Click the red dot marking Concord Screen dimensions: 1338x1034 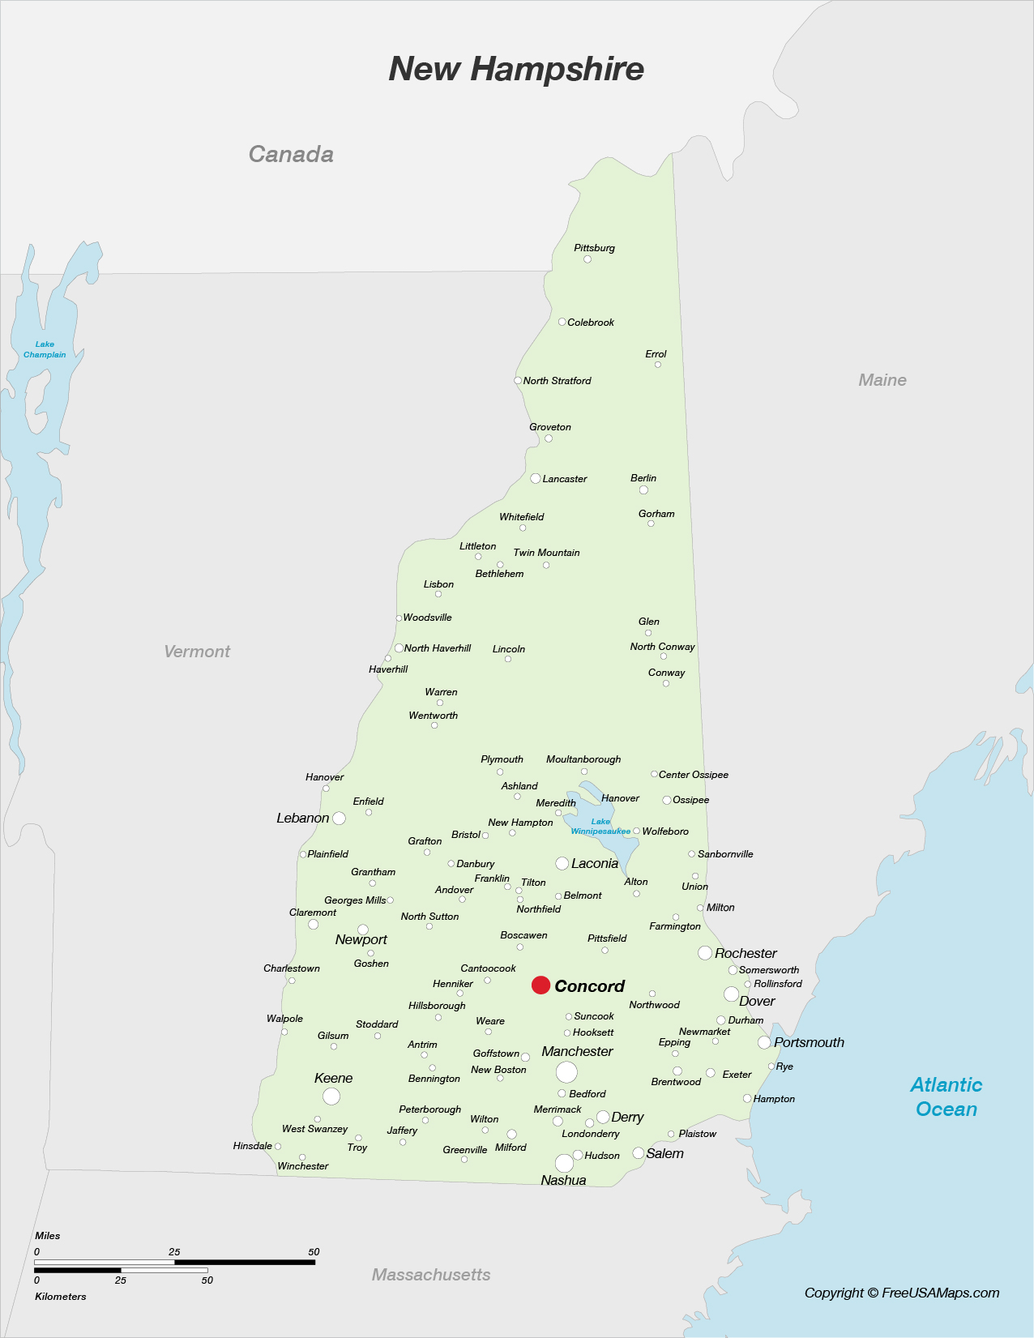[x=540, y=985]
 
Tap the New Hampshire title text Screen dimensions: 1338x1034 [x=516, y=69]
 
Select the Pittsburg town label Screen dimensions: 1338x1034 [x=594, y=248]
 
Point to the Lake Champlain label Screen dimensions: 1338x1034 [x=45, y=349]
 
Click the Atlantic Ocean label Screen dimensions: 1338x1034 [x=946, y=1096]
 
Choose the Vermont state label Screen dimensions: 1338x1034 [x=197, y=652]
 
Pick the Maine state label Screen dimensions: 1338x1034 [x=882, y=380]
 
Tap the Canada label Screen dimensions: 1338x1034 [x=291, y=154]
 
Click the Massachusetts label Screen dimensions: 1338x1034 [x=431, y=1275]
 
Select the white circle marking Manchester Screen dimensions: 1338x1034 [x=566, y=1072]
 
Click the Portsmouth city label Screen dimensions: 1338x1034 [x=809, y=1042]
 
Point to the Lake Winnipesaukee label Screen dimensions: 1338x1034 [x=600, y=827]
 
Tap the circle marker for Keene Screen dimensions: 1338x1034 [x=331, y=1096]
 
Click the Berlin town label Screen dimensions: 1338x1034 [x=643, y=478]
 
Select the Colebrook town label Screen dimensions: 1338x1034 [x=591, y=323]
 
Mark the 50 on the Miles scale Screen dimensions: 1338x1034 [x=314, y=1252]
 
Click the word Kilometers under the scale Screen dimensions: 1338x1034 [x=61, y=1297]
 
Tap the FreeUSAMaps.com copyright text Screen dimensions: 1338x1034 [x=902, y=1293]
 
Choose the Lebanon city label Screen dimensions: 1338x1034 [x=302, y=819]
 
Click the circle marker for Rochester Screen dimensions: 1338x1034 [x=705, y=953]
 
